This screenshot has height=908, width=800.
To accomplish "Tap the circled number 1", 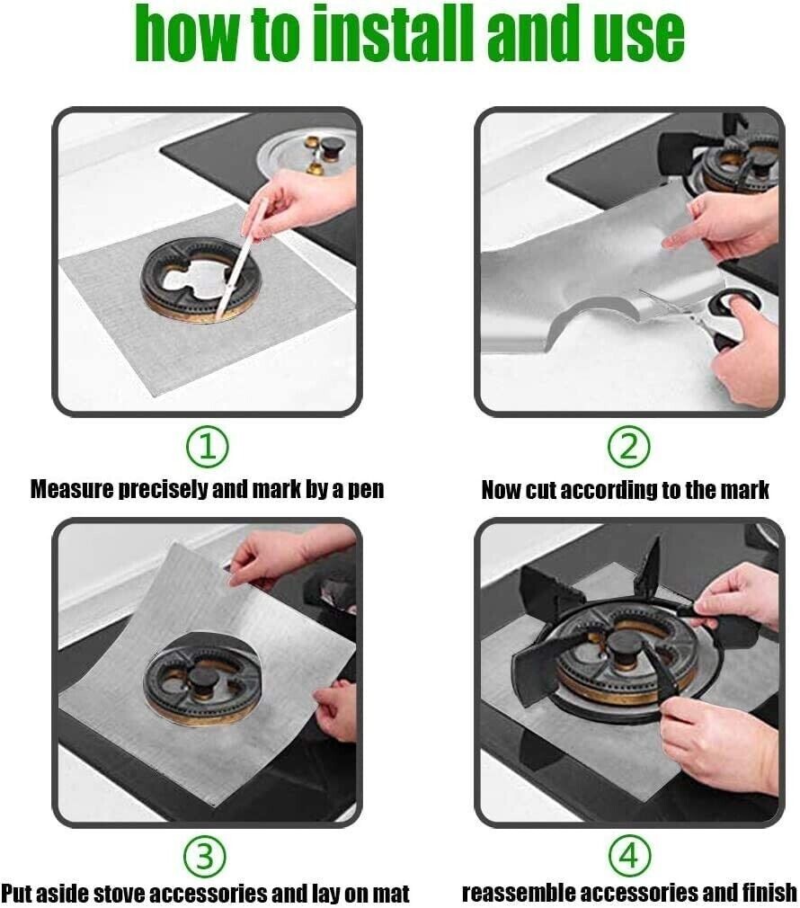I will (x=208, y=446).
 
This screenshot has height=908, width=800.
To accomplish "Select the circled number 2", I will (x=628, y=446).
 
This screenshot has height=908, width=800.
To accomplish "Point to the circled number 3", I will (x=208, y=855).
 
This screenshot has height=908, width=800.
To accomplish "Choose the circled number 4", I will (x=628, y=855).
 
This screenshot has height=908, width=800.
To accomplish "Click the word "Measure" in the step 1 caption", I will (x=71, y=490).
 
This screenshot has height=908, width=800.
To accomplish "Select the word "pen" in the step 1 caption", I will (x=365, y=490).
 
